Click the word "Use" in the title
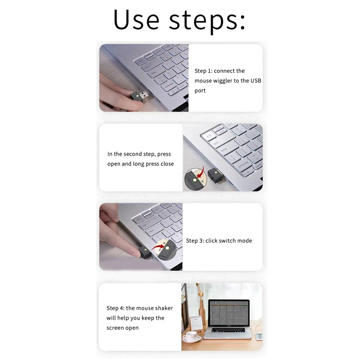click(x=136, y=20)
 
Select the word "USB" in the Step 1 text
click(x=256, y=81)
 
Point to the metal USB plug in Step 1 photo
click(x=144, y=95)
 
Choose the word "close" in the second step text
click(x=167, y=164)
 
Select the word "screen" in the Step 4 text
click(x=116, y=328)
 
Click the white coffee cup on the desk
click(x=192, y=335)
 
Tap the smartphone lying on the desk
click(x=258, y=336)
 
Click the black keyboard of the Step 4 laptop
click(x=229, y=331)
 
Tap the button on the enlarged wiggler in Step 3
click(x=167, y=247)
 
